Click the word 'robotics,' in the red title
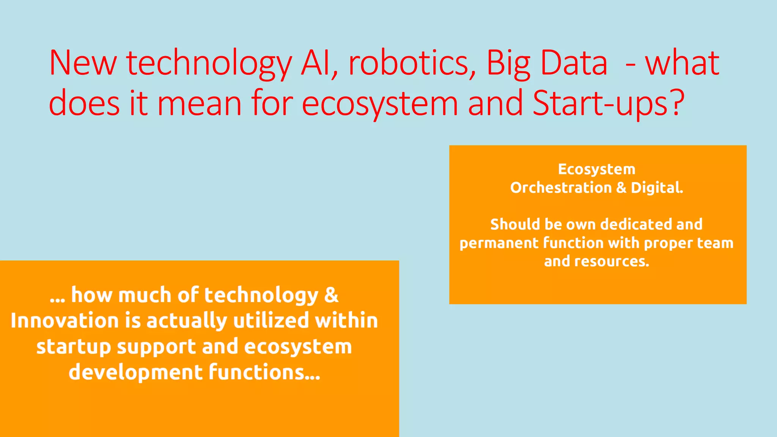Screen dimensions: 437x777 (412, 63)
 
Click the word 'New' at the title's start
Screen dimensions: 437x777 (83, 63)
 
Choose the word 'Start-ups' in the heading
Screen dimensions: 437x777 (599, 103)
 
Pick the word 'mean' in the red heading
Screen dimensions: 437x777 (199, 103)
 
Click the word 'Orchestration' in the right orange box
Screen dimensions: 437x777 (561, 188)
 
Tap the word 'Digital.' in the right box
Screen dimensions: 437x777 (657, 188)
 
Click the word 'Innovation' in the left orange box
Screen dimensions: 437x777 (64, 321)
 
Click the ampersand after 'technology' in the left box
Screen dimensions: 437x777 (331, 296)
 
